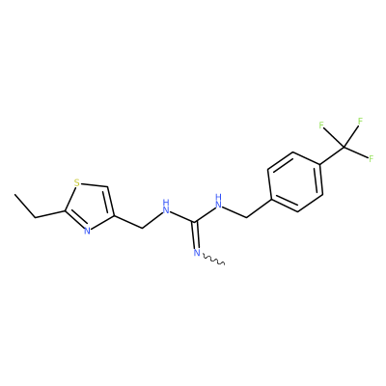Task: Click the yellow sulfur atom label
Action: [76, 183]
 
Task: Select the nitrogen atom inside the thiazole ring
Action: [87, 231]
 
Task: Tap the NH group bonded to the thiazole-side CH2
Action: [166, 207]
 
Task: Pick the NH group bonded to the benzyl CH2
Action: [219, 202]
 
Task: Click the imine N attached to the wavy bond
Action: [197, 253]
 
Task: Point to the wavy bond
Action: [213, 260]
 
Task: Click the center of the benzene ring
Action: [295, 181]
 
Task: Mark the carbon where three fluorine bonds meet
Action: [344, 148]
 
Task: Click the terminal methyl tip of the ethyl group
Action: [14, 194]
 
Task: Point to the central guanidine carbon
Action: [194, 221]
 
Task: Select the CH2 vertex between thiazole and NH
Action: [142, 228]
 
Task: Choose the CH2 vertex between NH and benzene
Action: [246, 217]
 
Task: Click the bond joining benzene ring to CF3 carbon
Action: [332, 156]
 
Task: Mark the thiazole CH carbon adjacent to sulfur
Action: [106, 186]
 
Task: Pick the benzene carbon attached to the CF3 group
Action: [319, 166]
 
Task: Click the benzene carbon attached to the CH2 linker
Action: [271, 198]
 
